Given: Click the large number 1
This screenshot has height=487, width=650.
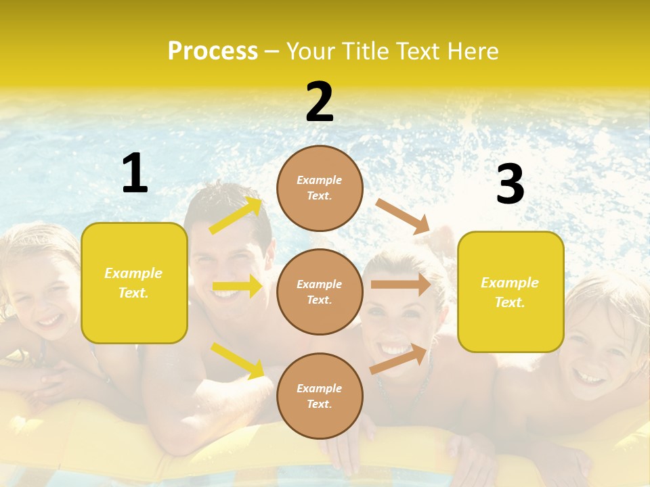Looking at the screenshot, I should click(x=135, y=173).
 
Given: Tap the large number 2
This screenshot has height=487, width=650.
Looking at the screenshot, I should click(x=320, y=102).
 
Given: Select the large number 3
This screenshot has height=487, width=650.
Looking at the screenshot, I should click(x=510, y=184).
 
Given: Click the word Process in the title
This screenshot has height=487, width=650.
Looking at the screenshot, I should click(x=213, y=51).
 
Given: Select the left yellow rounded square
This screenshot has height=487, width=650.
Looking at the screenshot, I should click(x=134, y=283).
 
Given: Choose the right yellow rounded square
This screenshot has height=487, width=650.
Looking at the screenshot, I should click(x=511, y=292).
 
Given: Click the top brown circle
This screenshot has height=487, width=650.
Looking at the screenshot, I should click(x=320, y=188).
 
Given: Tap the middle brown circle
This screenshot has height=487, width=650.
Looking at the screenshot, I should click(x=320, y=292).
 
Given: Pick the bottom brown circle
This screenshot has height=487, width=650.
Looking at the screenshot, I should click(x=320, y=396).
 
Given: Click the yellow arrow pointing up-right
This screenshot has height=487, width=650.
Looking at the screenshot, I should click(x=236, y=216).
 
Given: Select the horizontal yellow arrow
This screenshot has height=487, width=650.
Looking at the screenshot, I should click(x=237, y=286).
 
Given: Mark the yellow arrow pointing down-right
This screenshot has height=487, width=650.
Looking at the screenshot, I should click(x=237, y=361).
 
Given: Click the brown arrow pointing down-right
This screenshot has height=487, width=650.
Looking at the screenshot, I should click(x=403, y=216).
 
